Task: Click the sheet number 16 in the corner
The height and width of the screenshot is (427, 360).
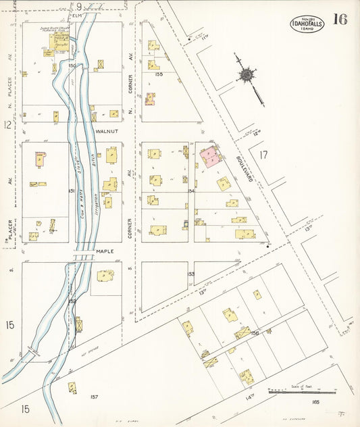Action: point(340,19)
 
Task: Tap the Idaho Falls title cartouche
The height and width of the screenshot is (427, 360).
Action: point(307,23)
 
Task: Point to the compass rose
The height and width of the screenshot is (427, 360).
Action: point(247,73)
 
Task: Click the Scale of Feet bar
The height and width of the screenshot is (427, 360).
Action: point(301,391)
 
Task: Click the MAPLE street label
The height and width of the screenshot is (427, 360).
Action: point(105,251)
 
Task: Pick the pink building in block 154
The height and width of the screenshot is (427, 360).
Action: point(210,157)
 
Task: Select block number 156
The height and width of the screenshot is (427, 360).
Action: point(255,332)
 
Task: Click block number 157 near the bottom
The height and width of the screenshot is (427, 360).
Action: point(94,397)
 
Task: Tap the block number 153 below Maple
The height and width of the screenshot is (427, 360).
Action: point(191,274)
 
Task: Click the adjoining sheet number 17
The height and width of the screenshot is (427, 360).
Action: point(263,155)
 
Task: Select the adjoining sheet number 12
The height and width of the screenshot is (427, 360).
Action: point(7,124)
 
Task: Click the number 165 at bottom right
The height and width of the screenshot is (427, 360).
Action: point(315,403)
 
